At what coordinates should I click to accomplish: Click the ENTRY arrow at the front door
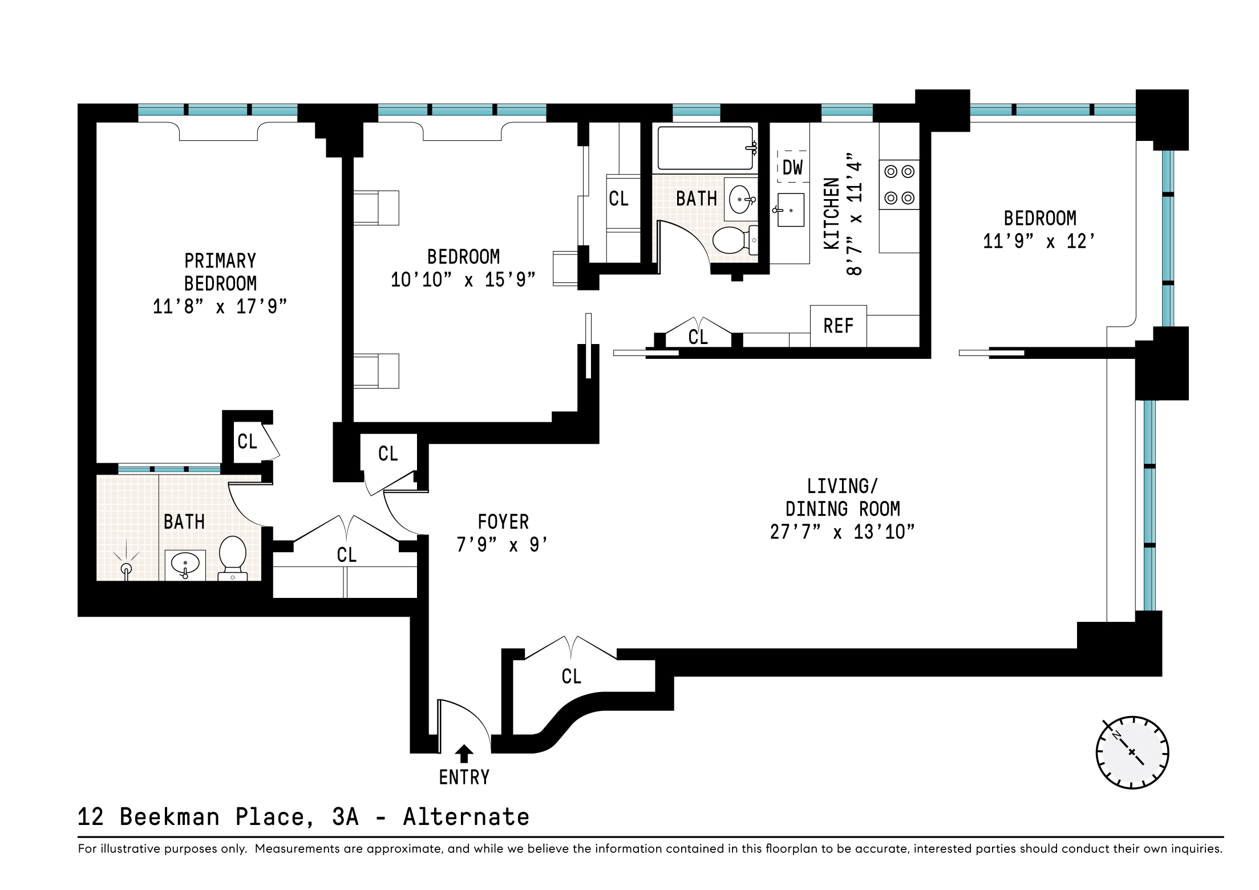pyautogui.click(x=464, y=754)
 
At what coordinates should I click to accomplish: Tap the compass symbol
pyautogui.click(x=1132, y=753)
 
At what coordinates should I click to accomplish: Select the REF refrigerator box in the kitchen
pyautogui.click(x=839, y=326)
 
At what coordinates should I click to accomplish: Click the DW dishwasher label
pyautogui.click(x=792, y=168)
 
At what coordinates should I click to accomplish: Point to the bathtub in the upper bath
pyautogui.click(x=706, y=148)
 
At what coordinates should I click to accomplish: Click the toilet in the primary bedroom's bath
pyautogui.click(x=233, y=558)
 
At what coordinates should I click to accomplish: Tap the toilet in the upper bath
pyautogui.click(x=735, y=240)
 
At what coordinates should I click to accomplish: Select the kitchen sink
pyautogui.click(x=790, y=210)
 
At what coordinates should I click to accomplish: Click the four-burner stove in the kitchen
pyautogui.click(x=900, y=184)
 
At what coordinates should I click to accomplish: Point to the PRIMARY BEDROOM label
pyautogui.click(x=220, y=272)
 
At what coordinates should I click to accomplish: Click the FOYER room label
pyautogui.click(x=503, y=521)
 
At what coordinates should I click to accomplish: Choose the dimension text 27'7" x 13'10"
pyautogui.click(x=842, y=532)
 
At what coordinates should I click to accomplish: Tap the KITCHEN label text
pyautogui.click(x=832, y=213)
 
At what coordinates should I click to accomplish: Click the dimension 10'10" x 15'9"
pyautogui.click(x=463, y=280)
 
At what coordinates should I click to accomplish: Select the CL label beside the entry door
pyautogui.click(x=571, y=677)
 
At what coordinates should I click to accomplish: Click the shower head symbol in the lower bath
pyautogui.click(x=126, y=565)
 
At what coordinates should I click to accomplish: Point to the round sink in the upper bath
pyautogui.click(x=740, y=199)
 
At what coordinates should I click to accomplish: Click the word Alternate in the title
pyautogui.click(x=466, y=817)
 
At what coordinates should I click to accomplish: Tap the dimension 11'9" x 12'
pyautogui.click(x=1039, y=241)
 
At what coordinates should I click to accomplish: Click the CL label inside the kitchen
pyautogui.click(x=698, y=337)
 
